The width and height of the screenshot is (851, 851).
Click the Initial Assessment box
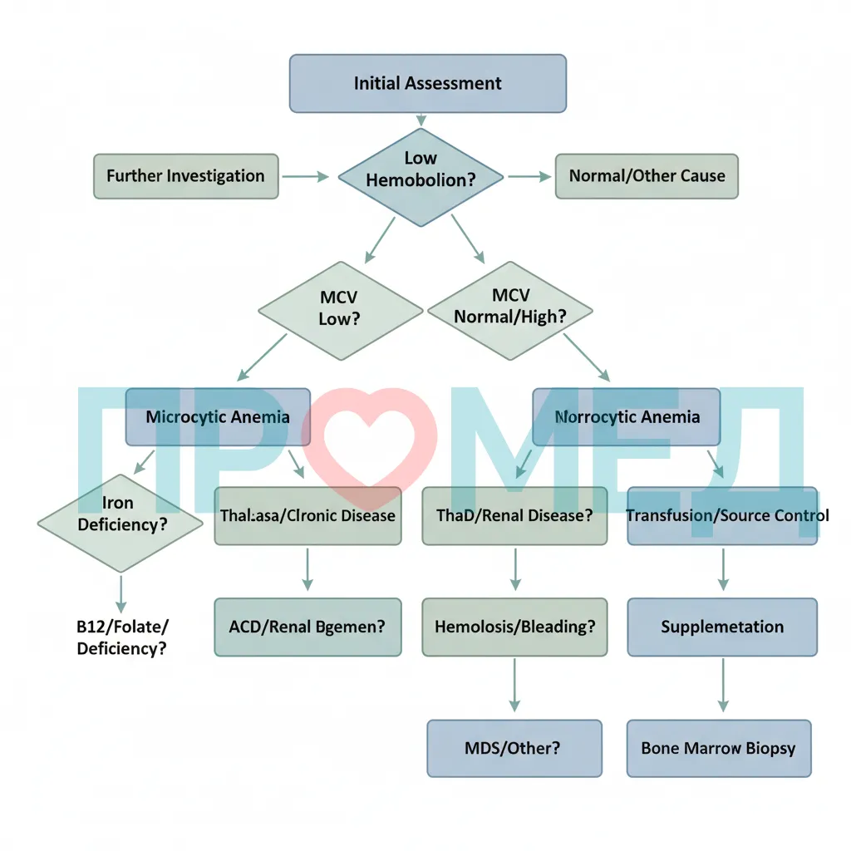(x=428, y=84)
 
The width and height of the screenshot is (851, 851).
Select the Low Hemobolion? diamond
(x=421, y=177)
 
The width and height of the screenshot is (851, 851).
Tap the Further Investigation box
(x=185, y=176)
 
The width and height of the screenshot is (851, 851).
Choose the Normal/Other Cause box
(x=647, y=176)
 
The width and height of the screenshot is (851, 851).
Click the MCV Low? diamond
(x=340, y=311)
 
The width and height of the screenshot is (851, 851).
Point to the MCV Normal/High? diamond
(x=510, y=311)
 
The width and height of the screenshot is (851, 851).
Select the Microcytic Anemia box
(x=218, y=417)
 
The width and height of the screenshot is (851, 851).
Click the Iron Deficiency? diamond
(x=121, y=524)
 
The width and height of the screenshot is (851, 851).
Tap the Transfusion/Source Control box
(x=722, y=515)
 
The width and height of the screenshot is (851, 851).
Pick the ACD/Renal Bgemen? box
(x=307, y=627)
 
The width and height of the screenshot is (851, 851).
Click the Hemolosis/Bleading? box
(x=514, y=627)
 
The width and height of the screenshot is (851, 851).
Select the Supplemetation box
(x=722, y=627)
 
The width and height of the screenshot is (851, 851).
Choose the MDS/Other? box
(x=514, y=749)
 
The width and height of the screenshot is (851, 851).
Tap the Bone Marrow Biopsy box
(x=719, y=749)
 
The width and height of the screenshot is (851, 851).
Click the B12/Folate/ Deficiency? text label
(x=122, y=637)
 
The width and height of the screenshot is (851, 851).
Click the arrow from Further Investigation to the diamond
(x=306, y=176)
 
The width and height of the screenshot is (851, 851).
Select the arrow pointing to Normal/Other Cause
(x=529, y=176)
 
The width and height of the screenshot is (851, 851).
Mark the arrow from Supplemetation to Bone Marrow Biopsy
(x=723, y=685)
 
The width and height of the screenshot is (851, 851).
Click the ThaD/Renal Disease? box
(x=514, y=515)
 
